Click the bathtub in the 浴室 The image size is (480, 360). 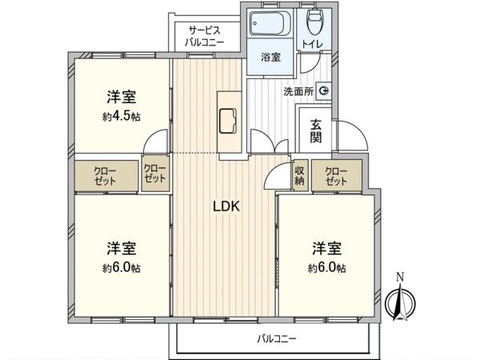pos(270,24)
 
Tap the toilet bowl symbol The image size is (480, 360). pos(314,22)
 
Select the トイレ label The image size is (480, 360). pos(312,44)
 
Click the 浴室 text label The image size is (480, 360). pos(270,57)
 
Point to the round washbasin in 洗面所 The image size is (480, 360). pos(324,90)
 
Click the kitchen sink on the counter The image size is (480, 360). pos(228,121)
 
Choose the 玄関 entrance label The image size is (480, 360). pos(316,131)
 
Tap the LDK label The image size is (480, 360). pos(226,206)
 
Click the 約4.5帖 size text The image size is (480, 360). pos(122,116)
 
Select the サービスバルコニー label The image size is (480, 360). pos(205,37)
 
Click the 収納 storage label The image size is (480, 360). pos(299,176)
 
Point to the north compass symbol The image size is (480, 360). pos(400,302)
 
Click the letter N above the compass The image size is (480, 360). pos(400,277)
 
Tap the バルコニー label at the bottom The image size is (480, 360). pos(277,339)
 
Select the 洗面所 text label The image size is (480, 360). pos(298,91)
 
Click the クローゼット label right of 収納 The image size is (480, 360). pos(336,176)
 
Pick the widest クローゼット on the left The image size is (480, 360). pos(105,176)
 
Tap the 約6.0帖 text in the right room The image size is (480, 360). pos(327,268)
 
